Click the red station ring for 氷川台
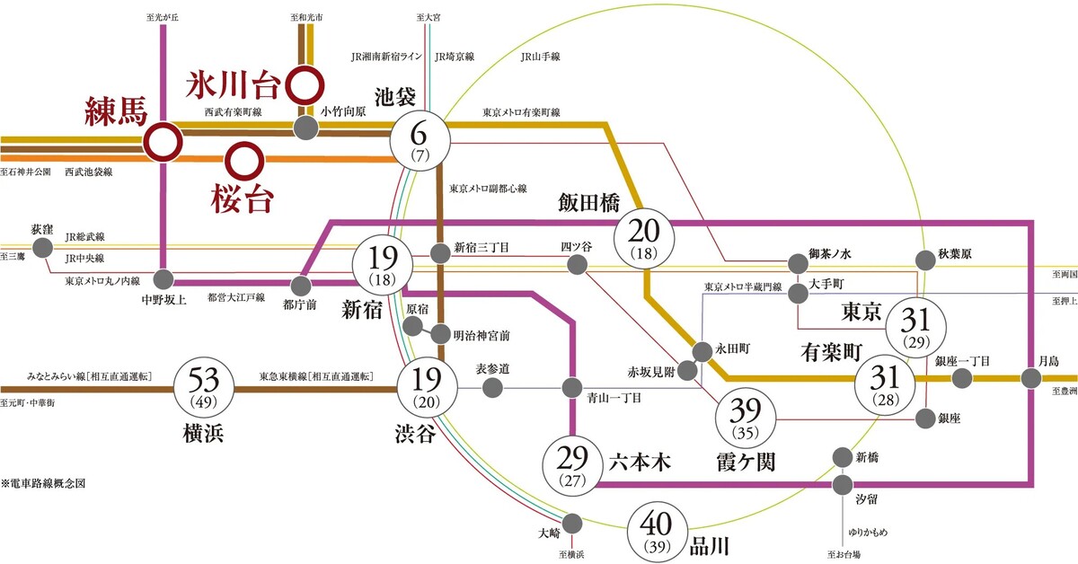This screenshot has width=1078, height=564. (x=305, y=85)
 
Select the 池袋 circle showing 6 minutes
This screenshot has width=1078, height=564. (x=420, y=141)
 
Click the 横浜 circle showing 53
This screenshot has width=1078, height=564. (x=204, y=388)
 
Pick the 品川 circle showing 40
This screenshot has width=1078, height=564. (x=657, y=533)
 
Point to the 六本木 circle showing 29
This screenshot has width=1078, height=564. (x=573, y=466)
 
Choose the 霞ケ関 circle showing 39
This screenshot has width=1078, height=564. (x=746, y=418)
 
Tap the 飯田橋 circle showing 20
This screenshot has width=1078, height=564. (x=644, y=238)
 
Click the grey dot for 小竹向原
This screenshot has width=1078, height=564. (x=305, y=128)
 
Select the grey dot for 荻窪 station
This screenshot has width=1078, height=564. (x=42, y=248)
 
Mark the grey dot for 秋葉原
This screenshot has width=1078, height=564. (x=925, y=260)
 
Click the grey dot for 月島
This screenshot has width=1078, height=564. (x=1031, y=379)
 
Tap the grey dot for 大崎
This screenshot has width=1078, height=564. (x=572, y=524)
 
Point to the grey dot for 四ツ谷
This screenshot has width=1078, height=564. (x=577, y=264)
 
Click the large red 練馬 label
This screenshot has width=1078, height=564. (x=116, y=111)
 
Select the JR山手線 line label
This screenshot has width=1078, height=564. (x=540, y=57)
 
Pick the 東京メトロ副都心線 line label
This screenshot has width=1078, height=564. (x=488, y=189)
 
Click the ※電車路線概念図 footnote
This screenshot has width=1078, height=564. (x=43, y=483)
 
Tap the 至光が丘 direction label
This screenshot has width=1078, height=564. (x=163, y=17)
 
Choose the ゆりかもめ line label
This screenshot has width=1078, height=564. (x=868, y=533)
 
